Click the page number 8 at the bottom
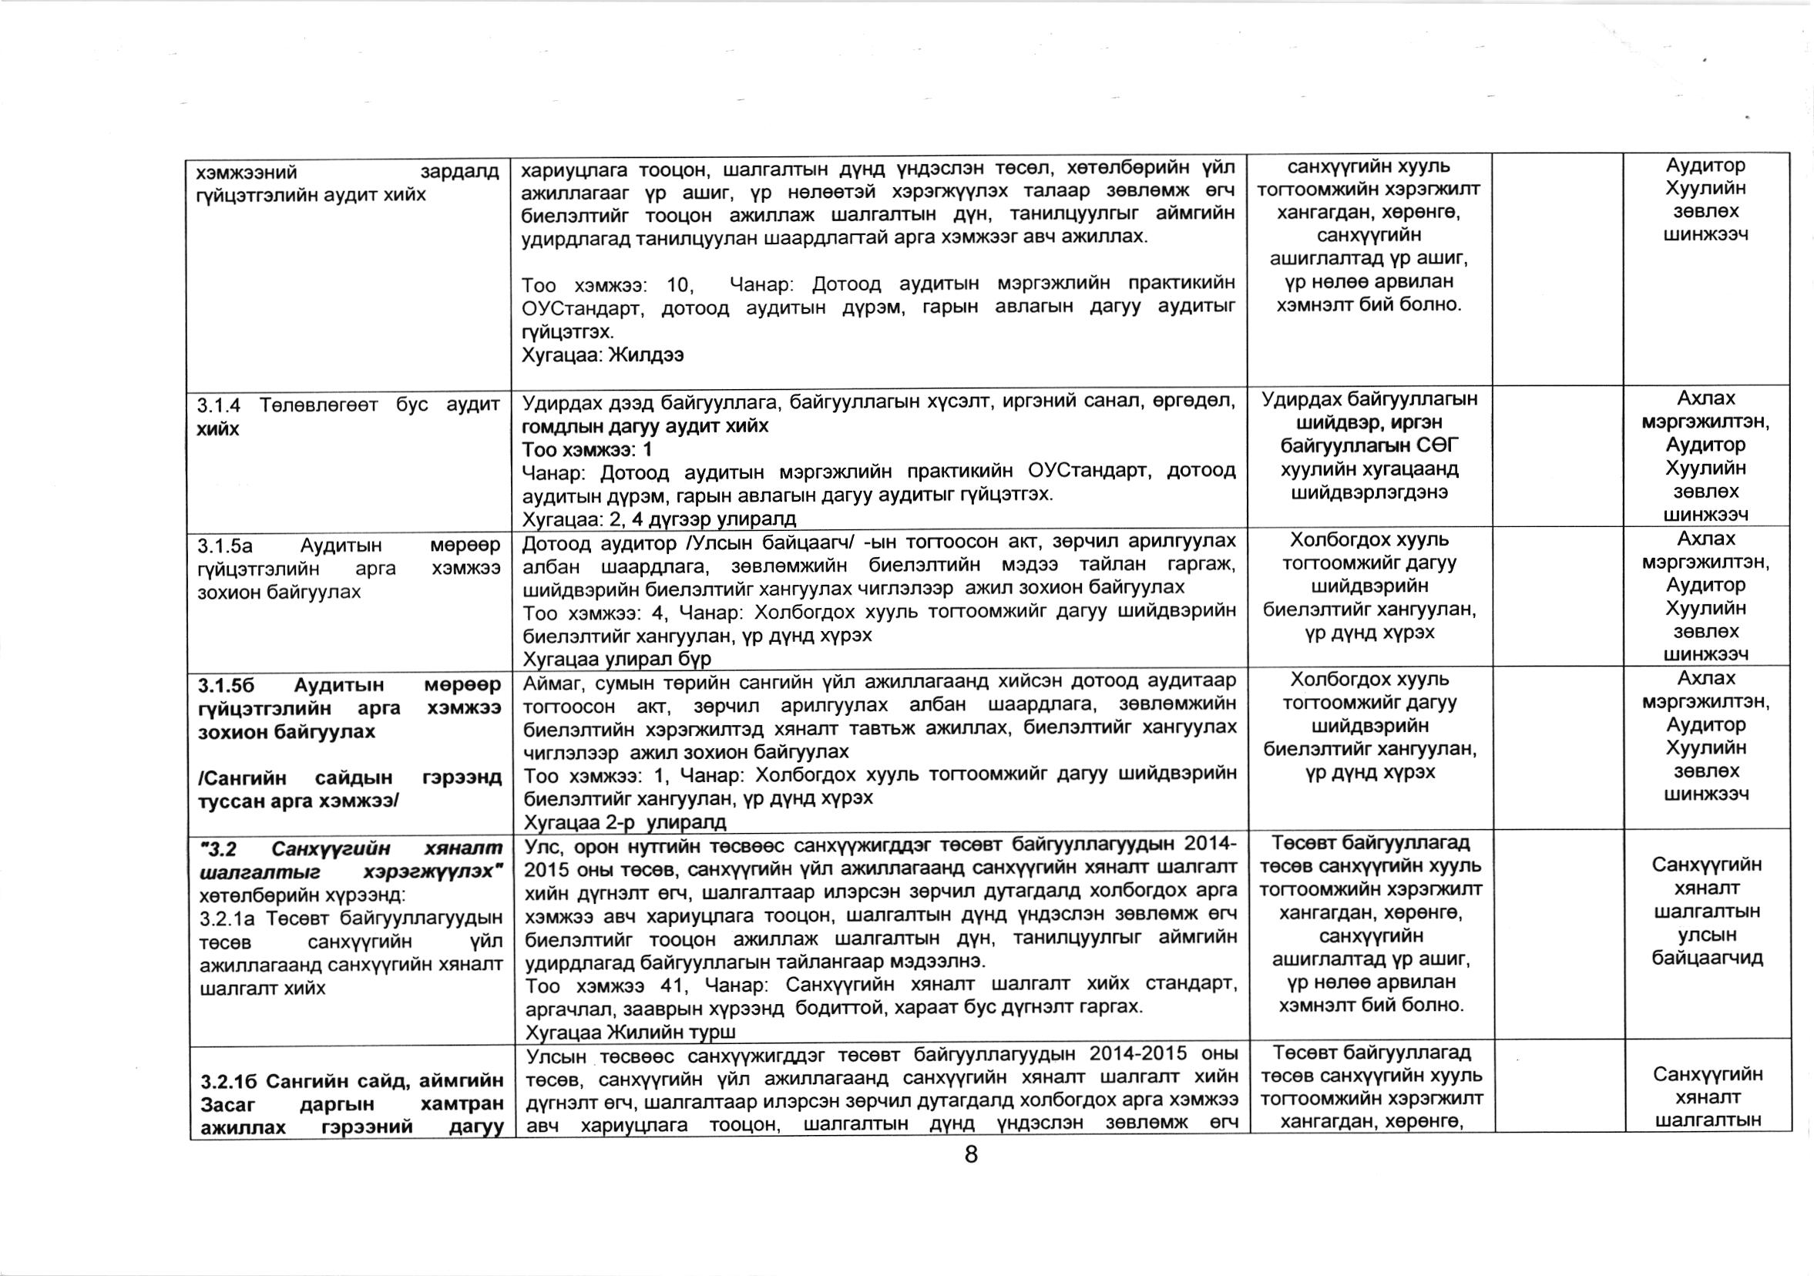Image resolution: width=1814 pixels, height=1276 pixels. click(x=971, y=1154)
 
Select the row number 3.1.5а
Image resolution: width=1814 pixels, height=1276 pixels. click(x=225, y=546)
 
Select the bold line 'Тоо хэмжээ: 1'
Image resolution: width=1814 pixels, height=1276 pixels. click(x=587, y=449)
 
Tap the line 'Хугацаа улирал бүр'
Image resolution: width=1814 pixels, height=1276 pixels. click(x=616, y=658)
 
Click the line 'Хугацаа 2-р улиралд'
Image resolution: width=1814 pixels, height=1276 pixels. click(x=625, y=821)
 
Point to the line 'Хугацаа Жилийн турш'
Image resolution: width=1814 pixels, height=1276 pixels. click(x=630, y=1032)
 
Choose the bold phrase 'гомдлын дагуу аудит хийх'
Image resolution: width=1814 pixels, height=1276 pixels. click(x=645, y=427)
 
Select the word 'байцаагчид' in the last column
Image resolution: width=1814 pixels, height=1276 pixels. click(x=1707, y=959)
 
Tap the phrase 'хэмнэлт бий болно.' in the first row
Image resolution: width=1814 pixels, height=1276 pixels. click(x=1369, y=305)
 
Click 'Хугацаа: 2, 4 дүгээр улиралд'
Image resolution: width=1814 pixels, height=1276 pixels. click(x=659, y=519)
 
